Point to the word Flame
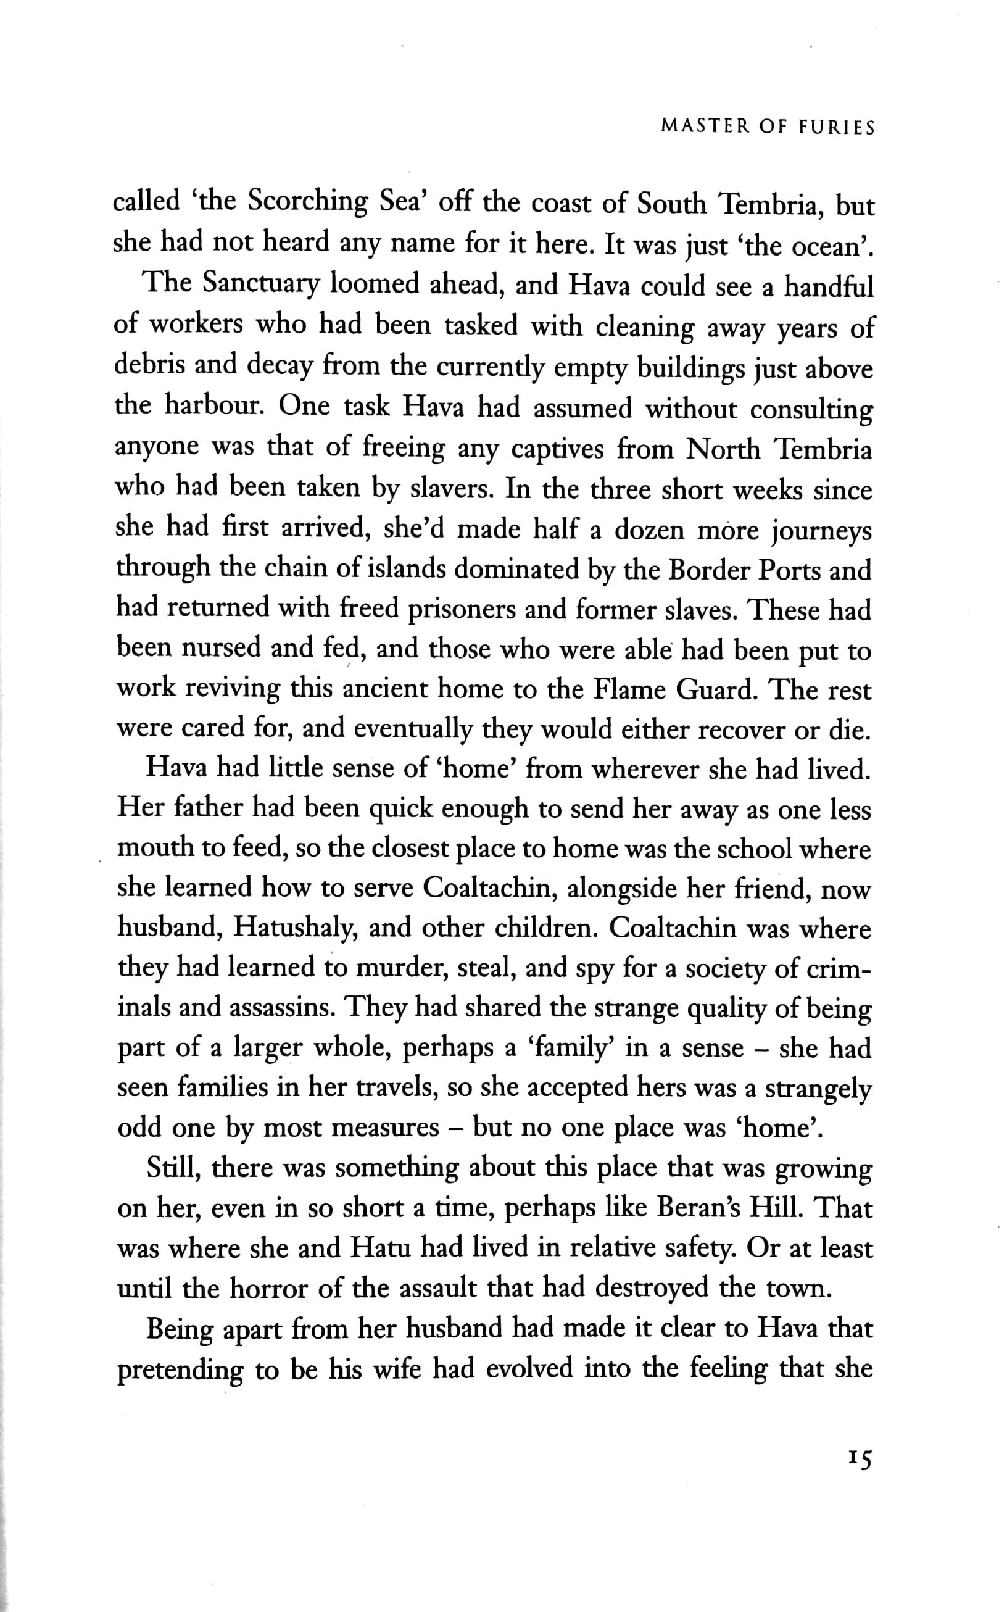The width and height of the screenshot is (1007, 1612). pyautogui.click(x=629, y=690)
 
